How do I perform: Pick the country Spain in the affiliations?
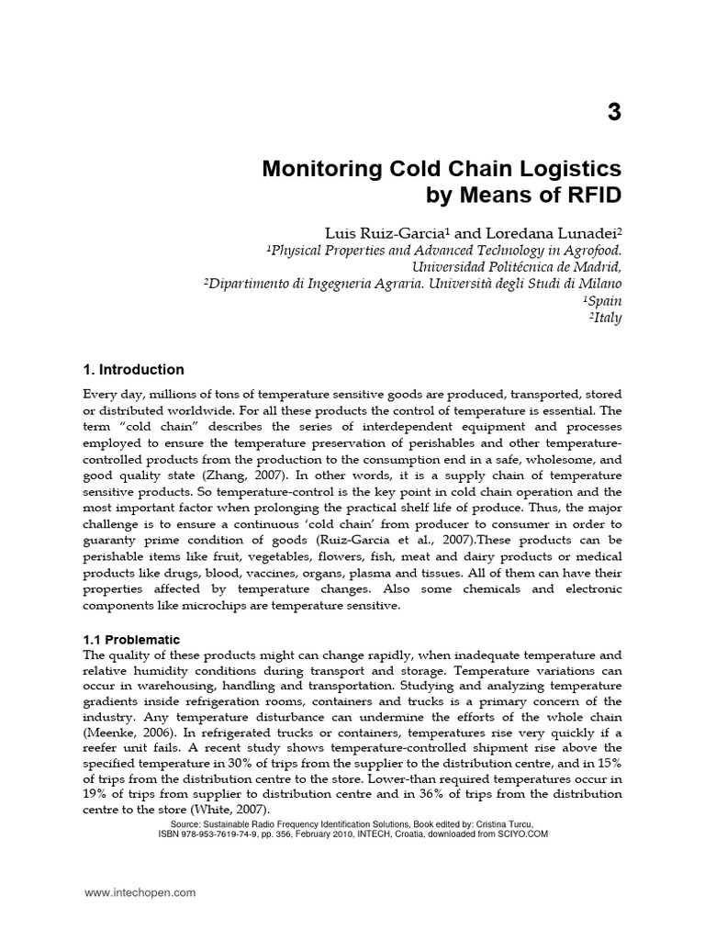[603, 300]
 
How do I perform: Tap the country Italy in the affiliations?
[606, 318]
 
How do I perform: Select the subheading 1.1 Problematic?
[132, 639]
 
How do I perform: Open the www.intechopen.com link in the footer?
[140, 892]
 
